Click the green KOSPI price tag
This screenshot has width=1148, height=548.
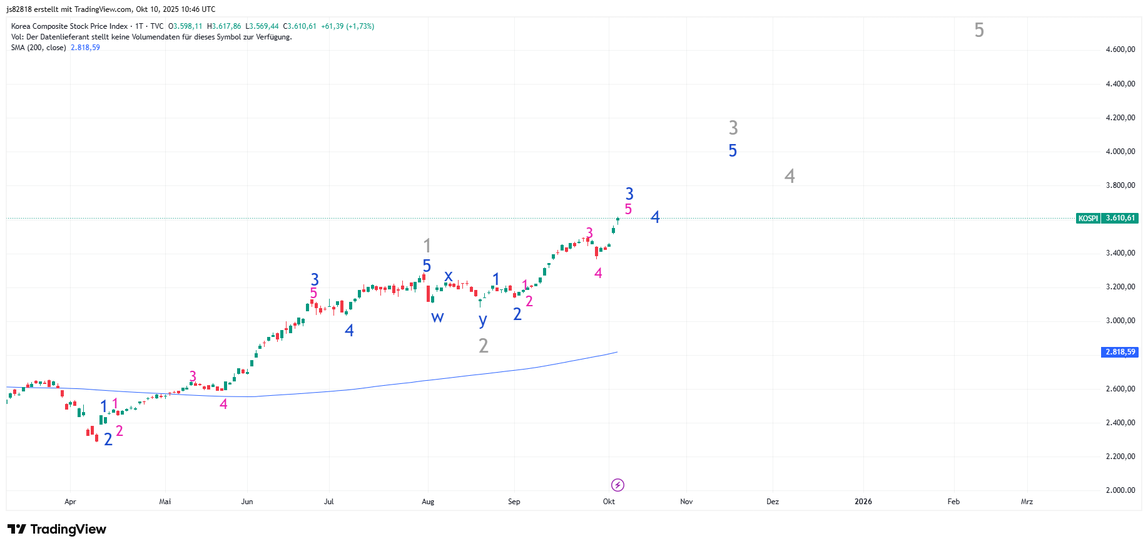coord(1107,219)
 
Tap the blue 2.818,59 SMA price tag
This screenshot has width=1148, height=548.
coord(1119,352)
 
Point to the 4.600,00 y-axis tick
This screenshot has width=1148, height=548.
coord(1120,49)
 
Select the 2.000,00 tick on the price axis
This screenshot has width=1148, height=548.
coord(1120,490)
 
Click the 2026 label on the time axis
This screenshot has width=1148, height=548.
coord(863,502)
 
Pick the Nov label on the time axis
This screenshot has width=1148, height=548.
coord(686,502)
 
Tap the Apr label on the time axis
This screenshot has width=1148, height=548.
coord(70,502)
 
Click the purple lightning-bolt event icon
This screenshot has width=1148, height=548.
coord(617,485)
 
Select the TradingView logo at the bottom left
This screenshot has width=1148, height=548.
coord(57,529)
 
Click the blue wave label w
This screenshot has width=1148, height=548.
coord(437,317)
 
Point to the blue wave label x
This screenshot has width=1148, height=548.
coord(448,276)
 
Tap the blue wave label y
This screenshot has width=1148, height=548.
coord(482,321)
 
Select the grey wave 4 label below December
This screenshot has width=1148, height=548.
coord(790,176)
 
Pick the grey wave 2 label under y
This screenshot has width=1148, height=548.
coord(483,346)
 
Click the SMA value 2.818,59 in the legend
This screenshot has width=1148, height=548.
coord(85,48)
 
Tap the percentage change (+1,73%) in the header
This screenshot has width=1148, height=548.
coord(360,26)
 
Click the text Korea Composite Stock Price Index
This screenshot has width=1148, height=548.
coord(69,26)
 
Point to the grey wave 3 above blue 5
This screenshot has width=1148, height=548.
coord(733,128)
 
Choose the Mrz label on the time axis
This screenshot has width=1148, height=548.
coord(1027,502)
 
